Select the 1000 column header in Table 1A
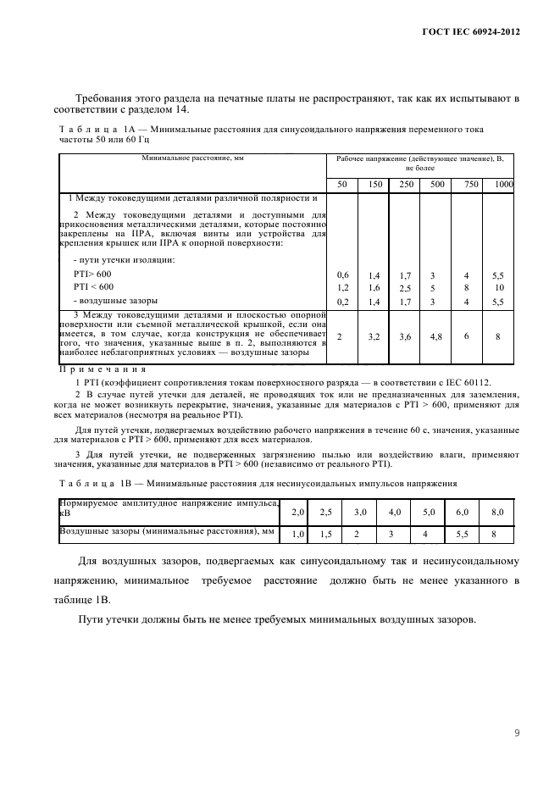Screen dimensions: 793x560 pos(504,185)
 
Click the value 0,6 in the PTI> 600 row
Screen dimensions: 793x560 pos(342,275)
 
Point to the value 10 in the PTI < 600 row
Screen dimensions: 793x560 pos(499,288)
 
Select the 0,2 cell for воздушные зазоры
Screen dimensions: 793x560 pos(342,301)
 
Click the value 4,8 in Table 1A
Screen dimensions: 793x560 pos(435,337)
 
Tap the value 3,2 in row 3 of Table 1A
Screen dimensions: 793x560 pos(374,337)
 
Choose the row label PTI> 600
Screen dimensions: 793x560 pos(91,274)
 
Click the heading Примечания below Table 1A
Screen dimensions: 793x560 pos(102,369)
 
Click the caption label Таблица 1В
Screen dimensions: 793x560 pos(91,484)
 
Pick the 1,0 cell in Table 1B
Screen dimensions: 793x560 pos(297,534)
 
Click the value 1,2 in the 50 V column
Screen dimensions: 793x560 pos(342,288)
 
